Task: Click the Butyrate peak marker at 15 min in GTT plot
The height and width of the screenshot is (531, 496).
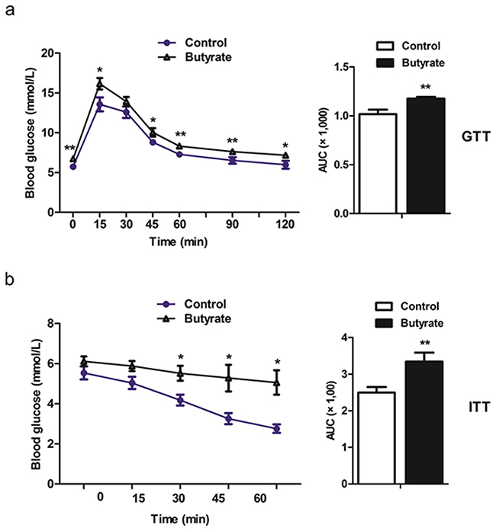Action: (99, 84)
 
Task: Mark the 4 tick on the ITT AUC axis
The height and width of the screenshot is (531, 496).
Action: (344, 337)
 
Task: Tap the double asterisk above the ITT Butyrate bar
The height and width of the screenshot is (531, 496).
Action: (424, 344)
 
